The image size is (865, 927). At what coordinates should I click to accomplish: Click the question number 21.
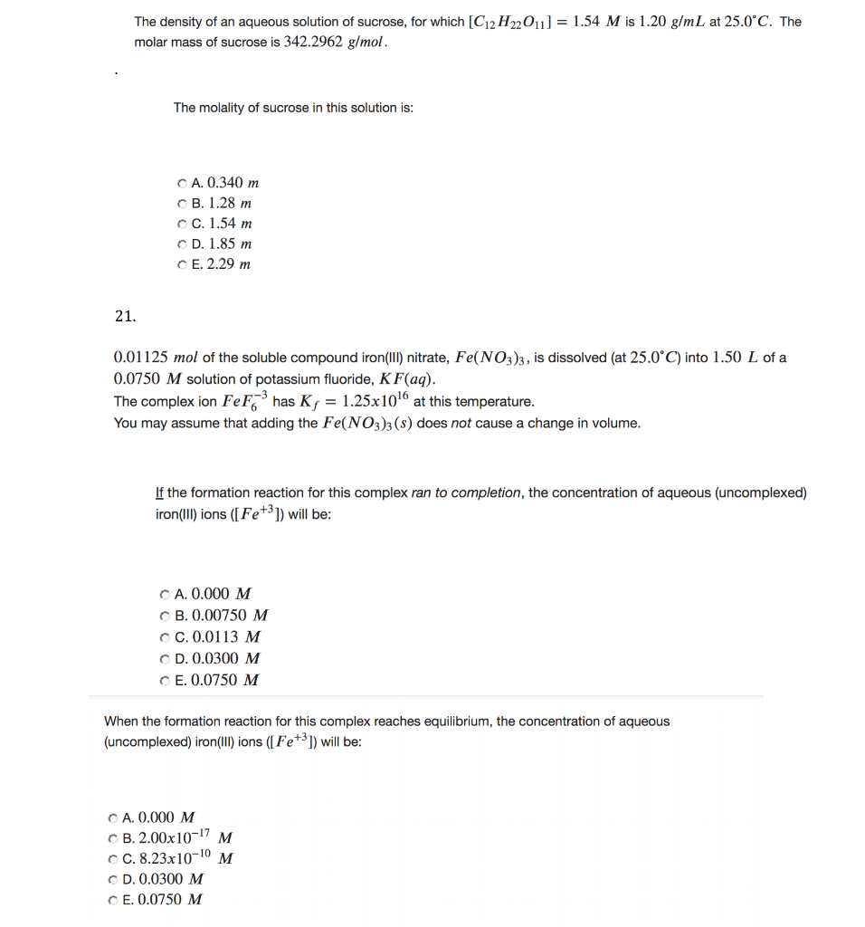[125, 316]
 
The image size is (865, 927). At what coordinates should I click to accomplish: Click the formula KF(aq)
[397, 379]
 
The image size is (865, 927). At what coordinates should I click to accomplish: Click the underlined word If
[159, 493]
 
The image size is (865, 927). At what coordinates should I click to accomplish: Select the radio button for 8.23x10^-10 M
[111, 858]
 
